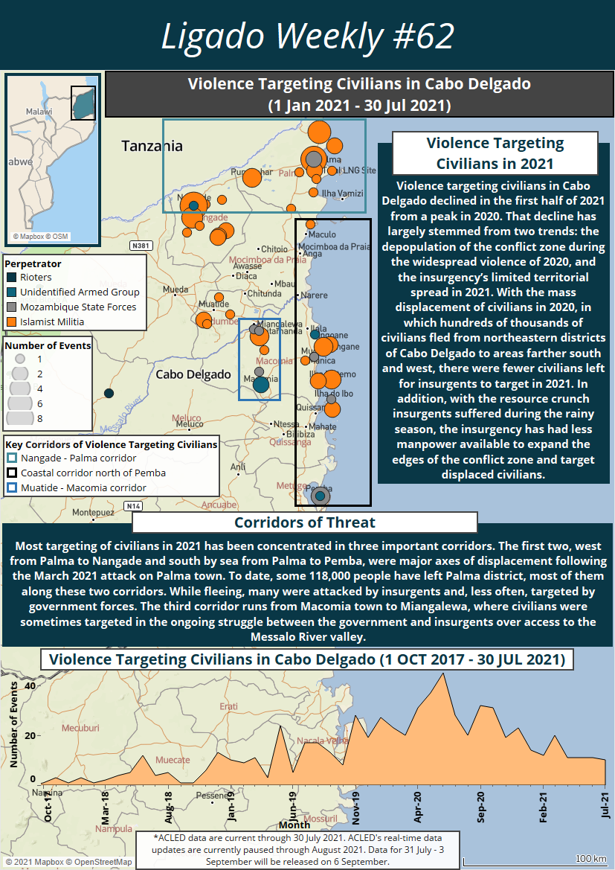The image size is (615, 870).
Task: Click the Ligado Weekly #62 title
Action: coord(307,35)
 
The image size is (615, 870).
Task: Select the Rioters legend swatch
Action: coord(11,278)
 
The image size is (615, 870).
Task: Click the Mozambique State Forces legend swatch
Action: coord(11,307)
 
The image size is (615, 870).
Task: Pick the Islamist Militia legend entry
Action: coord(52,322)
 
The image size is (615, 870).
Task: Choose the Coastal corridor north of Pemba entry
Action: coord(93,473)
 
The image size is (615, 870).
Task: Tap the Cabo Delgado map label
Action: coord(193,374)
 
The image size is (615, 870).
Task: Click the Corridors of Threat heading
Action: coord(305,522)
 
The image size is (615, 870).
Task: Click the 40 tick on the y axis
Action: coord(30,685)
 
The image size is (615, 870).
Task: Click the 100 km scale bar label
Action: coord(590,860)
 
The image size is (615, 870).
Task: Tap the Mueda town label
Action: coord(176,289)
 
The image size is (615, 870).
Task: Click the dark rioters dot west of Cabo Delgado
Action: coord(109,393)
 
